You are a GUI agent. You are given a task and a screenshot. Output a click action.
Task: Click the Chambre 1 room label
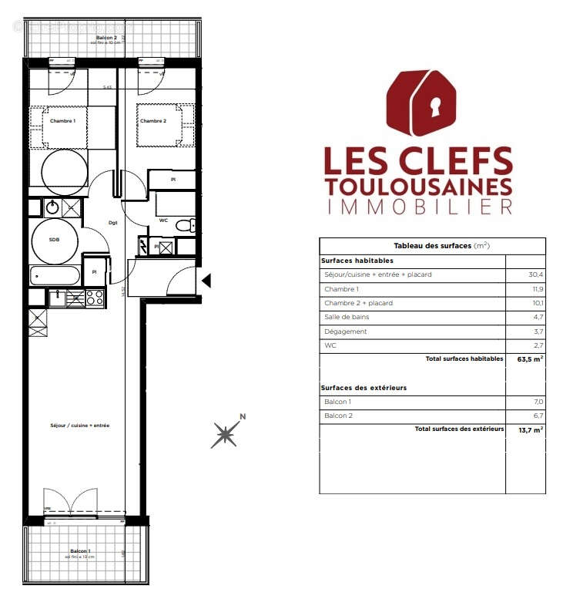[x=62, y=121]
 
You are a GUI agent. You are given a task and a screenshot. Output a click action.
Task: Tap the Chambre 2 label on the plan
[x=152, y=121]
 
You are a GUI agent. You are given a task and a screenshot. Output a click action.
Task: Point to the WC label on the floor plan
[x=163, y=220]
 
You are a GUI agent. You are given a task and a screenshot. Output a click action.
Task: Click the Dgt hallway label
[x=112, y=224]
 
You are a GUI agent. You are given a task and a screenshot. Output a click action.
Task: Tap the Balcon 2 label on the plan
[x=106, y=38]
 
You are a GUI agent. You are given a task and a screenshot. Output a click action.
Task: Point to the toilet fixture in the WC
[x=185, y=226]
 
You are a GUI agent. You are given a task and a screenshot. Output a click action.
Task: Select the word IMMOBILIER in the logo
[x=419, y=207]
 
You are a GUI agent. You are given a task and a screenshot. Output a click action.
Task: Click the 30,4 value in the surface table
[x=537, y=274]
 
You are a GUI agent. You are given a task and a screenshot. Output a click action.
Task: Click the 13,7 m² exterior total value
[x=531, y=429]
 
